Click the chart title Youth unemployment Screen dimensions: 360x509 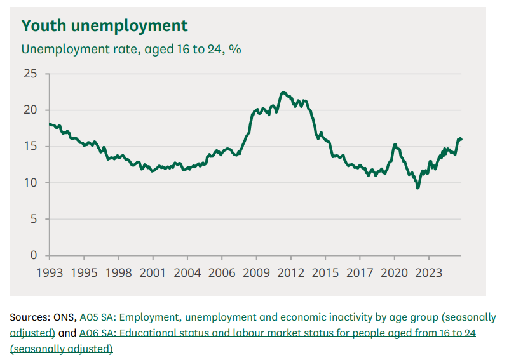pyautogui.click(x=105, y=26)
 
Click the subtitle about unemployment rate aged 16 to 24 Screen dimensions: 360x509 pyautogui.click(x=131, y=49)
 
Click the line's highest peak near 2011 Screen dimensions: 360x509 pyautogui.click(x=283, y=92)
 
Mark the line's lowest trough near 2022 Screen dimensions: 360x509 pyautogui.click(x=417, y=188)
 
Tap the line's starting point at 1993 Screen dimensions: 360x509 pyautogui.click(x=50, y=124)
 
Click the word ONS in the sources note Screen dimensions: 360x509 pyautogui.click(x=65, y=317)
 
